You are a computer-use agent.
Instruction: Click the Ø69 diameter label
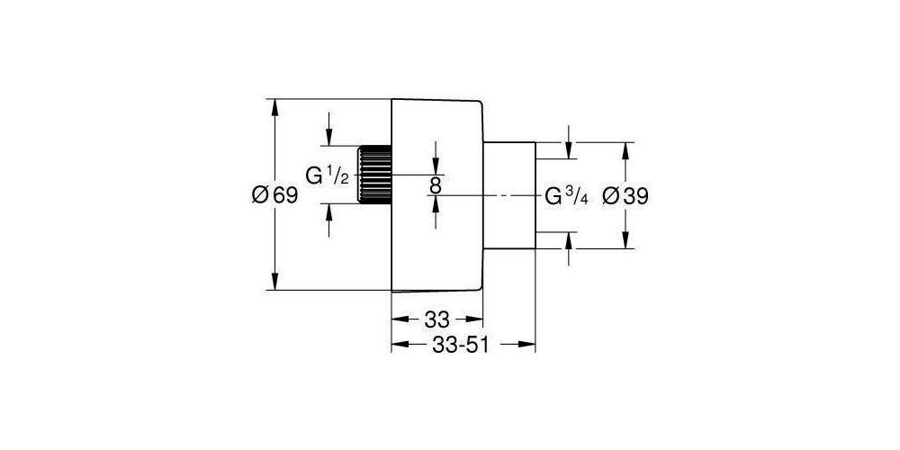click(275, 195)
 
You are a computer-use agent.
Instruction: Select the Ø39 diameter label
click(625, 197)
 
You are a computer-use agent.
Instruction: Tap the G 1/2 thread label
click(327, 175)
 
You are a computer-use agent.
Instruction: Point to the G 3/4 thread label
click(566, 197)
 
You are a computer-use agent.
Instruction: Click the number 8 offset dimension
click(435, 184)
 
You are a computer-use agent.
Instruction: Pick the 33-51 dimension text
click(460, 345)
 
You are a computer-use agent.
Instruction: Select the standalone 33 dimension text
click(436, 319)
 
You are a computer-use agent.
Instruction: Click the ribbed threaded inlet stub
click(374, 174)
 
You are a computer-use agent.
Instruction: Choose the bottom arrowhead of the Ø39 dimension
click(625, 240)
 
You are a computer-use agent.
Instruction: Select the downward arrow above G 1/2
click(328, 129)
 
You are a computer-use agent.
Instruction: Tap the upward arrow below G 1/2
click(328, 220)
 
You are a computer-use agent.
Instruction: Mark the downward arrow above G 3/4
click(569, 142)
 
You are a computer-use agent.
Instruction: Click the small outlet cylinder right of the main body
click(509, 195)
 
